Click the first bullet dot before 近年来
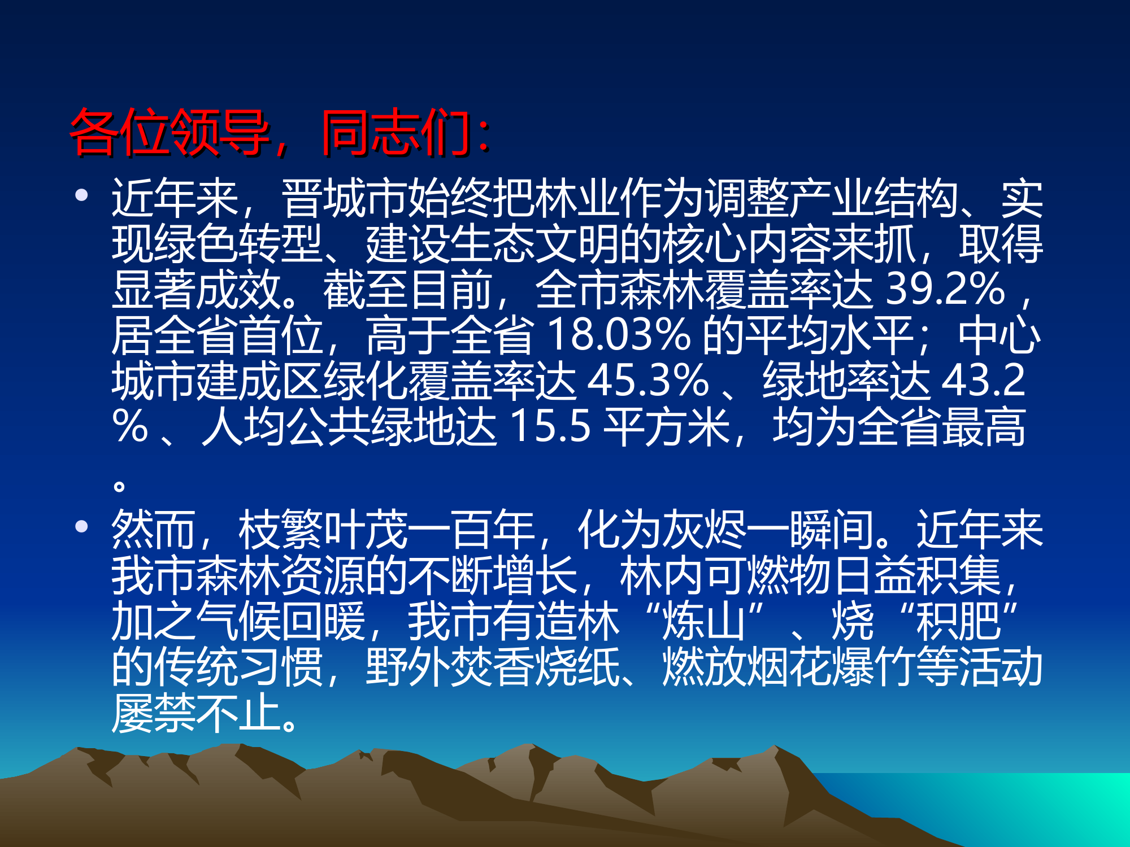(82, 195)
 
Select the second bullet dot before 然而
(82, 526)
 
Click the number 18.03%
(619, 335)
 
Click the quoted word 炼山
(704, 621)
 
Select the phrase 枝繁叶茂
(323, 529)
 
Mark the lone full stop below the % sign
(119, 485)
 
